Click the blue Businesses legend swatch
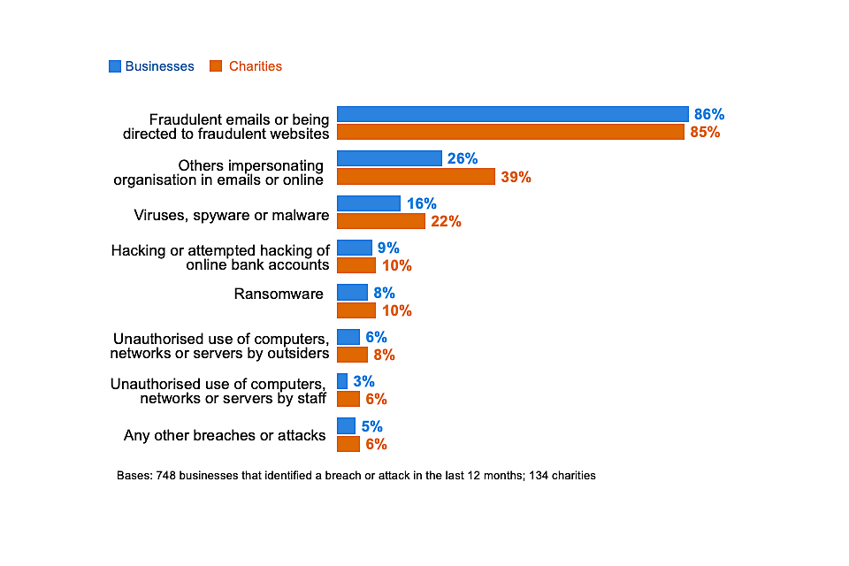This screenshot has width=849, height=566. (x=115, y=66)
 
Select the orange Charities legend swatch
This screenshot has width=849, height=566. (x=216, y=66)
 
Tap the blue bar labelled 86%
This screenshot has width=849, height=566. (x=512, y=114)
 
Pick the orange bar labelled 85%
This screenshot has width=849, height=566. (x=510, y=132)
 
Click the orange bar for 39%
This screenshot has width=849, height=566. (x=416, y=177)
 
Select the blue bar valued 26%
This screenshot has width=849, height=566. (x=389, y=158)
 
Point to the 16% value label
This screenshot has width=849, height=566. (x=422, y=203)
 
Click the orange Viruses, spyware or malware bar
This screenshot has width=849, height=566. (x=381, y=221)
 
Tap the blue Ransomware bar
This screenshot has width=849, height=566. (x=352, y=293)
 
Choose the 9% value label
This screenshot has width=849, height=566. (x=388, y=249)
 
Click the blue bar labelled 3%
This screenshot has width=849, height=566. (x=342, y=381)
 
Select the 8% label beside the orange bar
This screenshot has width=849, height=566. (x=384, y=355)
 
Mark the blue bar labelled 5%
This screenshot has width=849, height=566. (x=346, y=426)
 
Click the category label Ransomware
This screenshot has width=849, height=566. (x=279, y=294)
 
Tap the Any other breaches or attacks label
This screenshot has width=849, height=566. (x=225, y=435)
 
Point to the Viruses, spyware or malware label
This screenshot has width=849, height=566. (x=232, y=215)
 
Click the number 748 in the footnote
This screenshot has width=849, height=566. (x=166, y=476)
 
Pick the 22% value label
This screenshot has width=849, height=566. (x=446, y=222)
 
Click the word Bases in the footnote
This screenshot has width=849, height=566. (x=134, y=476)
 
